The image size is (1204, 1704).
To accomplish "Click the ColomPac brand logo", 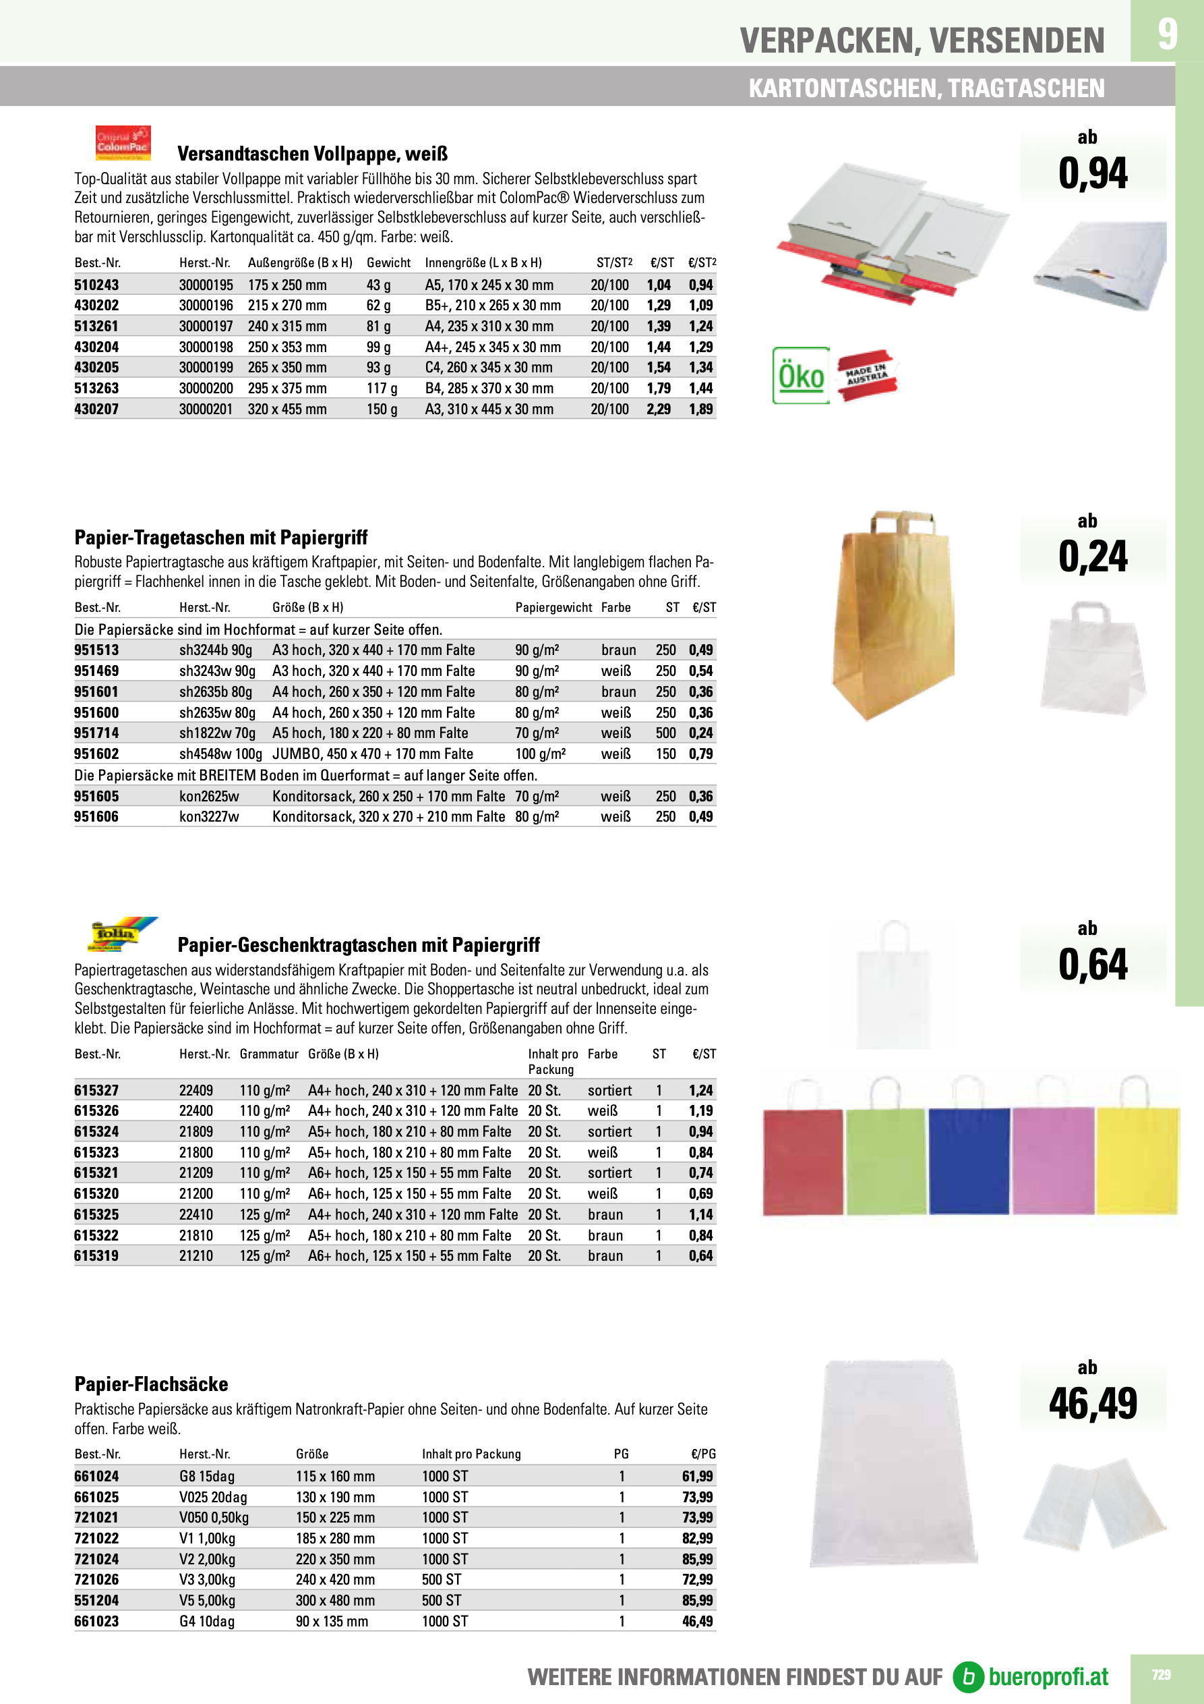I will tap(123, 142).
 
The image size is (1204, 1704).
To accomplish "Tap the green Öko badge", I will tap(800, 376).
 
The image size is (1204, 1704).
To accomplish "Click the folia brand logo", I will tap(123, 934).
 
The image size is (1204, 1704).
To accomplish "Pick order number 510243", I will tap(96, 285).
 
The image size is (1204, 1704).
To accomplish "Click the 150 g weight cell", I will tap(382, 409).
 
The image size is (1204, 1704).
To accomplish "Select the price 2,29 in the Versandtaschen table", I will tap(658, 409).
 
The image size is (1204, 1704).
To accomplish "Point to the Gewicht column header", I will tap(388, 262).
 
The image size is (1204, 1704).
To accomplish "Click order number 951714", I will tap(96, 733).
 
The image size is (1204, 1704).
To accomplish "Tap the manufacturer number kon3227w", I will tap(208, 816).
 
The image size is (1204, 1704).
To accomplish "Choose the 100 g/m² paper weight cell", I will tap(540, 754).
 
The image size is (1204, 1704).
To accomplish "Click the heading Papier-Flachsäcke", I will tap(150, 1384).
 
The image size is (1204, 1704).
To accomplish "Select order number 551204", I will tap(96, 1601).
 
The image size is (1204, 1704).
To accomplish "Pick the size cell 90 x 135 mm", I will tap(332, 1622).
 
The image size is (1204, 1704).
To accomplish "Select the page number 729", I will tap(1161, 1674).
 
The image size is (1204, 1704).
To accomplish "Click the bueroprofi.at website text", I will tap(1048, 1676).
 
